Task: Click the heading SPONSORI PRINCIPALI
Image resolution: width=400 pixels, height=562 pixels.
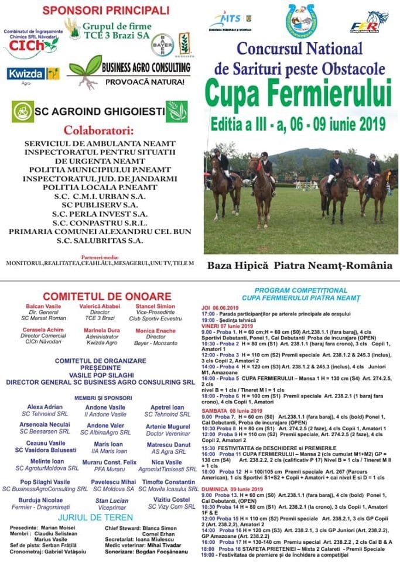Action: [106, 10]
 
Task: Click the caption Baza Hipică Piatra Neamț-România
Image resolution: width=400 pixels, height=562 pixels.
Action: [300, 265]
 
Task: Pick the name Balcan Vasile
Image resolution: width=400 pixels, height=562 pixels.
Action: [43, 306]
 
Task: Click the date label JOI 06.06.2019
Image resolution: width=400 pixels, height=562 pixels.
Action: [220, 307]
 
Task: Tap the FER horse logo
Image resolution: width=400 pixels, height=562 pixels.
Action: [369, 23]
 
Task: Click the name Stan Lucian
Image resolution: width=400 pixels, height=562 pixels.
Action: [111, 501]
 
